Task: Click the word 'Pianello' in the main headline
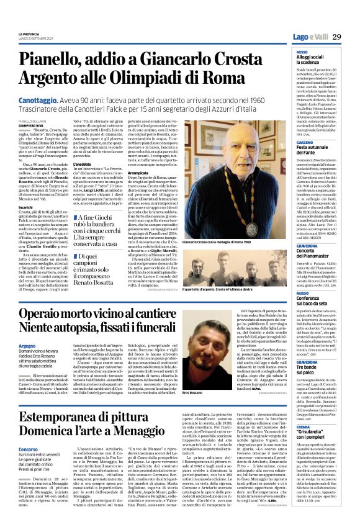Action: (68, 60)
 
